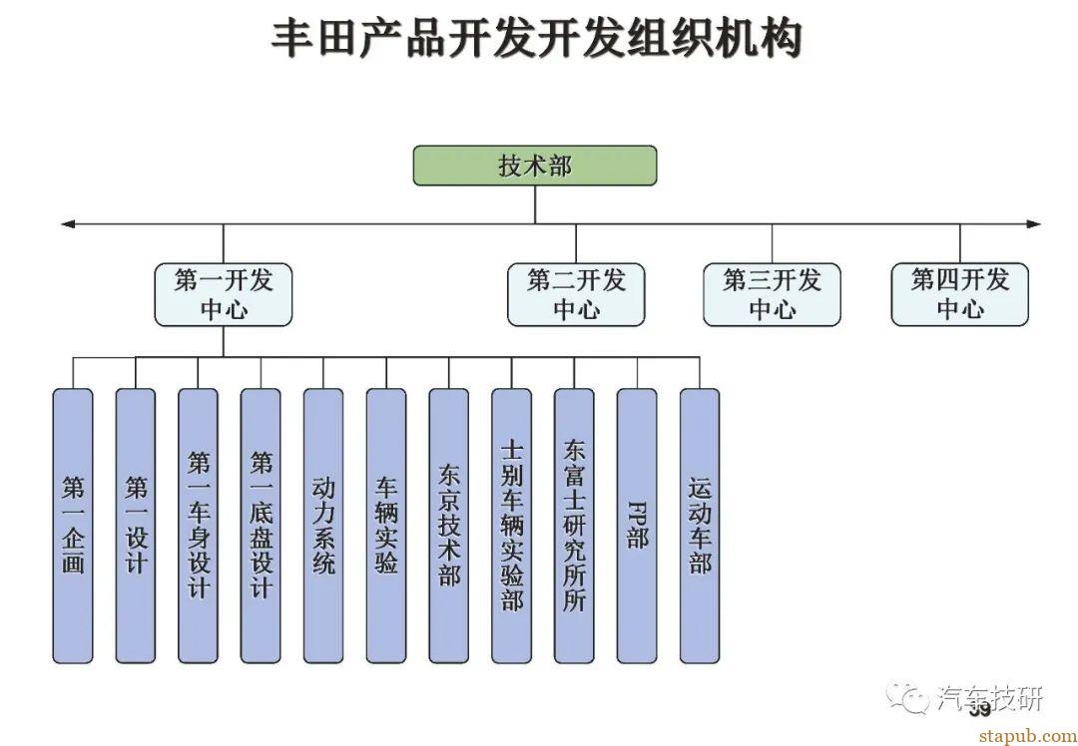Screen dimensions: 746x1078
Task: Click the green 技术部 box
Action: pyautogui.click(x=535, y=166)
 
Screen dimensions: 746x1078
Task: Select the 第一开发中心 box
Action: pyautogui.click(x=224, y=294)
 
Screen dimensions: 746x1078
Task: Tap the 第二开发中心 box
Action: pyautogui.click(x=576, y=294)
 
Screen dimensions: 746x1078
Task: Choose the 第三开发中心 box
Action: pyautogui.click(x=772, y=294)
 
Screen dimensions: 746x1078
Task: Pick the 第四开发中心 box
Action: pyautogui.click(x=959, y=294)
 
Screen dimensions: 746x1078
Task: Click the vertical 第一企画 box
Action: pyautogui.click(x=73, y=526)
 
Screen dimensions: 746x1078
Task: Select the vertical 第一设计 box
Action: pyautogui.click(x=136, y=526)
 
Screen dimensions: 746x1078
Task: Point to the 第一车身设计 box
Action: pyautogui.click(x=199, y=526)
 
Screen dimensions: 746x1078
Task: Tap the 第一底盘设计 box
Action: pyautogui.click(x=261, y=526)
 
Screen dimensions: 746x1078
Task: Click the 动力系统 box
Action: pyautogui.click(x=323, y=526)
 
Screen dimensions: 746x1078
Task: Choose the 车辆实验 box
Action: pyautogui.click(x=386, y=526)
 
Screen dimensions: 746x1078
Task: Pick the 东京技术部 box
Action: pyautogui.click(x=449, y=526)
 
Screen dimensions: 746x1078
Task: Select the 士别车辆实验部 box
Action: pyautogui.click(x=511, y=526)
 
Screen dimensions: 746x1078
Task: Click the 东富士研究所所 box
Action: pyautogui.click(x=574, y=526)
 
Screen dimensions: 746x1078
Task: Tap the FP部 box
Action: pyautogui.click(x=637, y=526)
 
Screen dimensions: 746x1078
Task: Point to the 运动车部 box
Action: pyautogui.click(x=700, y=526)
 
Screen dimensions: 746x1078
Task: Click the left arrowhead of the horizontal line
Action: pyautogui.click(x=68, y=223)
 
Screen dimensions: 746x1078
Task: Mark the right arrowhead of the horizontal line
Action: pyautogui.click(x=1033, y=223)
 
